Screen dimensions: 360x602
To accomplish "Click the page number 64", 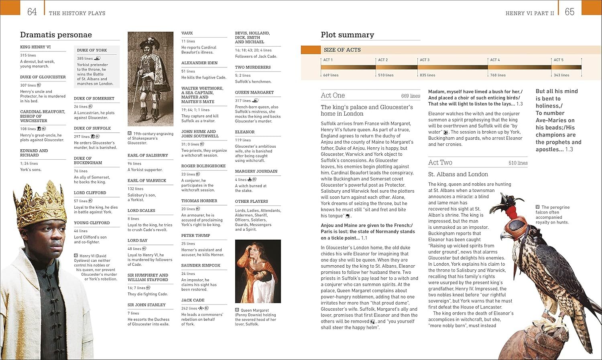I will [x=32, y=12].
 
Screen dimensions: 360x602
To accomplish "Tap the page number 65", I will [x=569, y=12].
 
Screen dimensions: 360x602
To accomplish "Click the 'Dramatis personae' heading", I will [x=56, y=35].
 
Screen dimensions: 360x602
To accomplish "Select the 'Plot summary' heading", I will [x=347, y=35].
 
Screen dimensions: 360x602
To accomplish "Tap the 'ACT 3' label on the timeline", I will [x=425, y=60].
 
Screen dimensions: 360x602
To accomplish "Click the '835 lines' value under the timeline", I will [x=427, y=75].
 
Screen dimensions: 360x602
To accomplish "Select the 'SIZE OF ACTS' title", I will [x=342, y=50].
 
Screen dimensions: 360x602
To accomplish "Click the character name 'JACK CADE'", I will [x=193, y=300].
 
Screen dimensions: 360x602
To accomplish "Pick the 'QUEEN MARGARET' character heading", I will [x=254, y=92].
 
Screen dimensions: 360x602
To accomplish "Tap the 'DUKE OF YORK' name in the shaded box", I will [x=92, y=50].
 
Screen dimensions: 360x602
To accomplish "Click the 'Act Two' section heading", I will [x=440, y=163].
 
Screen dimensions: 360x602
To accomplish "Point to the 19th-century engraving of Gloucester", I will [x=150, y=79].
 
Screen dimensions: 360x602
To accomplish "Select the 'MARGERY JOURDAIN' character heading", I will [x=256, y=171].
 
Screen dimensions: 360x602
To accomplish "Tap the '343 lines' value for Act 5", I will [x=561, y=75].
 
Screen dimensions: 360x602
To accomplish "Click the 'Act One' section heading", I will [x=333, y=96].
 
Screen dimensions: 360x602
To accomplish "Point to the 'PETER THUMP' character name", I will [x=195, y=236].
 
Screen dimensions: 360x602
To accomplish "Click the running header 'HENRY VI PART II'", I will [x=529, y=13].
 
